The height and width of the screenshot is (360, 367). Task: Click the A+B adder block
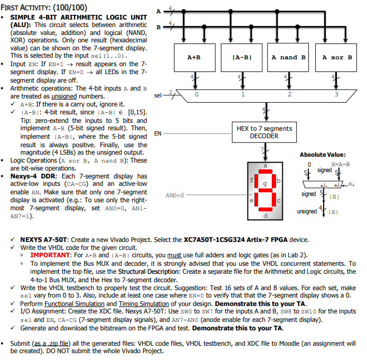194,58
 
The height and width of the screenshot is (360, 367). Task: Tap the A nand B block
289,58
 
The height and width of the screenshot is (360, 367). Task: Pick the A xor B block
337,58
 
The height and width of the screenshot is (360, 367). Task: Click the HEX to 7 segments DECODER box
264,132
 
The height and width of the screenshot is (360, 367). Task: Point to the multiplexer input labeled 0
196,95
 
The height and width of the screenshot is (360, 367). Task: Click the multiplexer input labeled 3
336,95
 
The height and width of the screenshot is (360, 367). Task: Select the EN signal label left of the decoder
158,134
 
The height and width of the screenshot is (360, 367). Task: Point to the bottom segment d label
265,216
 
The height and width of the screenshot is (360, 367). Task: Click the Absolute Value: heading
323,155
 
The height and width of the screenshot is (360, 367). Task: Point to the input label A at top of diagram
158,11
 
